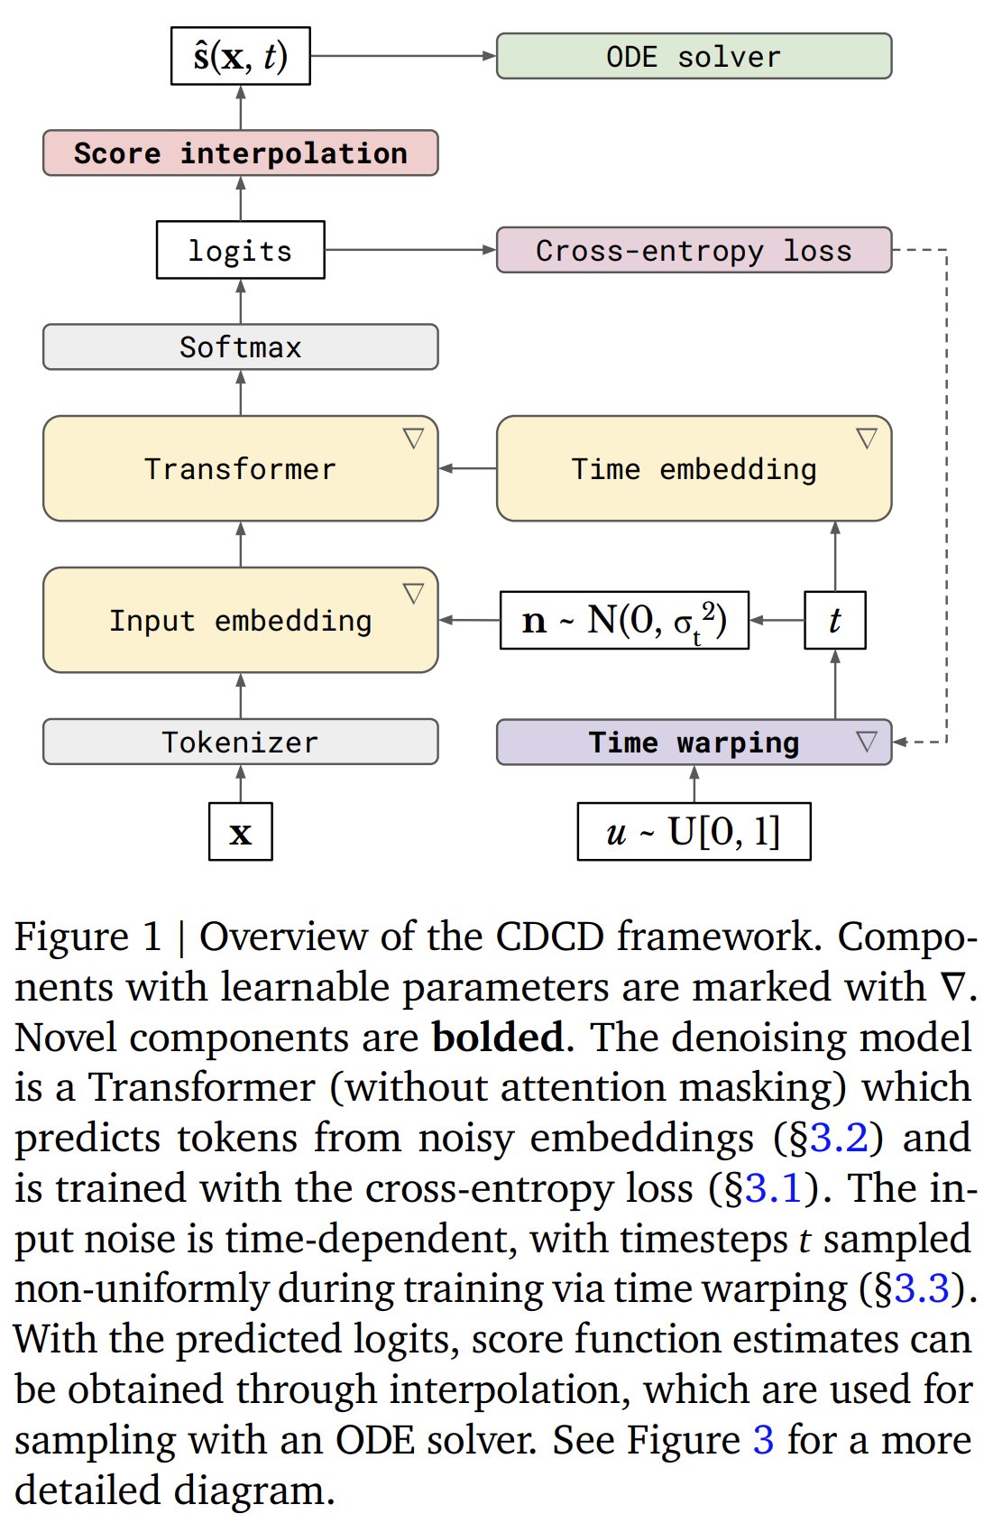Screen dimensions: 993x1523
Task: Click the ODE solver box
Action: click(694, 56)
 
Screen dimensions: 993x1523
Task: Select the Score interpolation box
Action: click(240, 153)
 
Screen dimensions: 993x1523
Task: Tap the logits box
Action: click(240, 250)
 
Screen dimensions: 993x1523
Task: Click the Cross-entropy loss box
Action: click(694, 250)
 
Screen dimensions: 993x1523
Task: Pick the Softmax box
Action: click(240, 346)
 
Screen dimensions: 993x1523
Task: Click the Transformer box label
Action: click(240, 469)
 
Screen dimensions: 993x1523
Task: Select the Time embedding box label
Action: click(694, 469)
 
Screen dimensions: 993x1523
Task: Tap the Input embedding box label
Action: click(240, 621)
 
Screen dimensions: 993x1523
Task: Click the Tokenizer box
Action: click(240, 742)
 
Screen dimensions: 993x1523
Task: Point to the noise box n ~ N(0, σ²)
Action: click(624, 620)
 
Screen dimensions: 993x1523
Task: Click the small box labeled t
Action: click(834, 620)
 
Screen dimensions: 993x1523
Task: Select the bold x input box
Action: click(240, 832)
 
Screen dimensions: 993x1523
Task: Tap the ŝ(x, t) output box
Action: click(240, 56)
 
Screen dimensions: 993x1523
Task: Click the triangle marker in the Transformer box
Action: click(413, 438)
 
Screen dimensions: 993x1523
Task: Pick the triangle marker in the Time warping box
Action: click(867, 741)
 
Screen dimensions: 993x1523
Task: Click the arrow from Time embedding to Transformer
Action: click(467, 468)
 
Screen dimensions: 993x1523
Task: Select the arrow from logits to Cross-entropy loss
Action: click(410, 250)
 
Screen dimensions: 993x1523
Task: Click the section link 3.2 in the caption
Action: click(839, 1138)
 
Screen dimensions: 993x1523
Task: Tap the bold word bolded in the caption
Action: click(498, 1038)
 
